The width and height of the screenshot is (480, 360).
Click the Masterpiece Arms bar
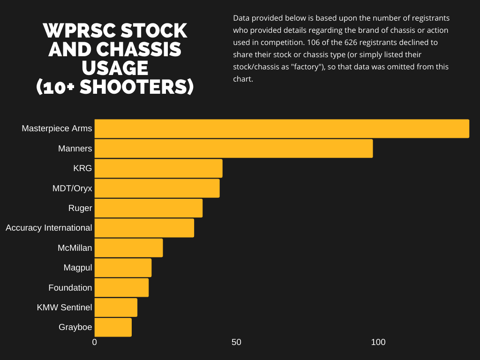pyautogui.click(x=281, y=129)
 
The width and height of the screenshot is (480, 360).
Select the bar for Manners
pyautogui.click(x=233, y=149)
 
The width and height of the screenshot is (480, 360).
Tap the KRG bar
pyautogui.click(x=158, y=168)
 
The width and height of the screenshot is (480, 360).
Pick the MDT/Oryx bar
pyautogui.click(x=157, y=188)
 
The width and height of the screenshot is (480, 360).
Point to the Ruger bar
pyautogui.click(x=149, y=208)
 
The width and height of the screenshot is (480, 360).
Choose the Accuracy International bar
pyautogui.click(x=144, y=228)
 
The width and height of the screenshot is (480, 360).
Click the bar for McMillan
pyautogui.click(x=128, y=247)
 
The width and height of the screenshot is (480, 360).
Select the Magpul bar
pyautogui.click(x=123, y=268)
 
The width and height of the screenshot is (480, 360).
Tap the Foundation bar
pyautogui.click(x=121, y=287)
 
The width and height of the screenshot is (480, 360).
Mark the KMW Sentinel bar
pyautogui.click(x=116, y=307)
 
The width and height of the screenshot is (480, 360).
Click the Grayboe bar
pyautogui.click(x=113, y=327)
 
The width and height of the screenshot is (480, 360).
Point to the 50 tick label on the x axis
pyautogui.click(x=236, y=342)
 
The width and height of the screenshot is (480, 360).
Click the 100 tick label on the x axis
pyautogui.click(x=378, y=342)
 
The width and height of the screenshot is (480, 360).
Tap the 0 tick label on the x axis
pyautogui.click(x=95, y=342)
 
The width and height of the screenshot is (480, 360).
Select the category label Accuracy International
pyautogui.click(x=49, y=228)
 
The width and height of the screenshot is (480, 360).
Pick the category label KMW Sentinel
pyautogui.click(x=64, y=307)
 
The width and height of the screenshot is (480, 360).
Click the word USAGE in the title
pyautogui.click(x=115, y=68)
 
